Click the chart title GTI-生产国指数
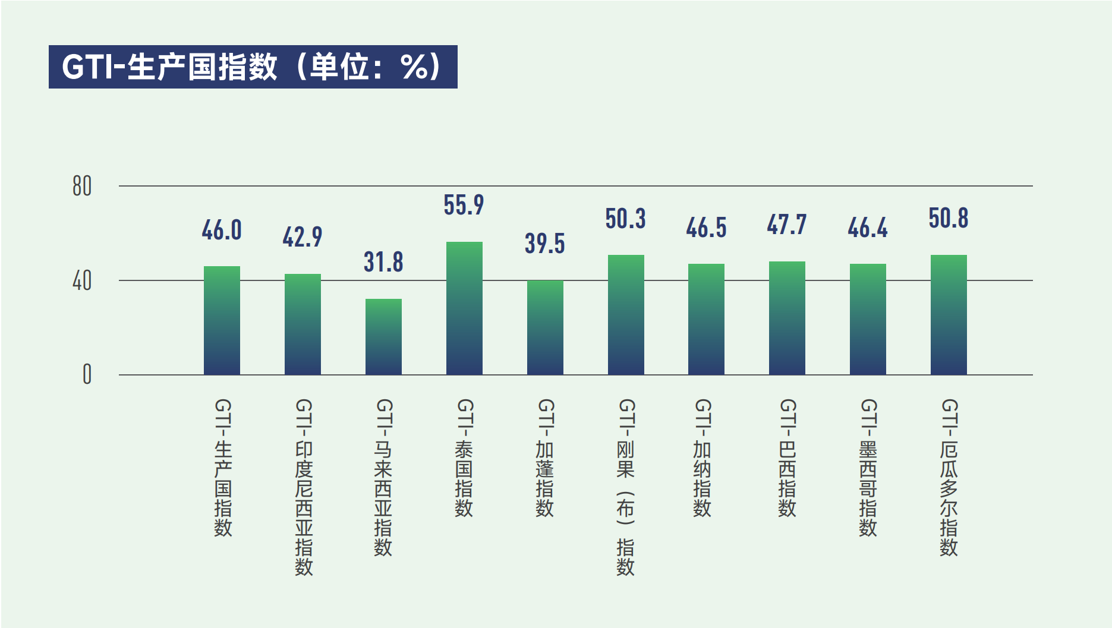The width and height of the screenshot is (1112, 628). pos(253,67)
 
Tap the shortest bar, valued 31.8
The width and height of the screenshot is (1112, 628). pos(383,336)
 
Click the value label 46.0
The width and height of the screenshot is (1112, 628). pos(222,230)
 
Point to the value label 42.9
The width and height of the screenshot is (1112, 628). pos(303,237)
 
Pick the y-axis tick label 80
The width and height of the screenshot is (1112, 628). pos(82,187)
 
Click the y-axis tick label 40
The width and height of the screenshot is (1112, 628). pos(82,281)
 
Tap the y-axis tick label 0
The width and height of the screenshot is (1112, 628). pos(87,375)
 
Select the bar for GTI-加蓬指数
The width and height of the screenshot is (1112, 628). pos(545,327)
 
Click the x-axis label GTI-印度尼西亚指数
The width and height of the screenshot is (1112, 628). pos(304,487)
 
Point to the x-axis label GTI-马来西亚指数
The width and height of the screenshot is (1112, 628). pos(383,477)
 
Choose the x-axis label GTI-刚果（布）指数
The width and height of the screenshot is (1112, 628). pos(626,487)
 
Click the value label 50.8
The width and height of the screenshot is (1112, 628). pos(949,218)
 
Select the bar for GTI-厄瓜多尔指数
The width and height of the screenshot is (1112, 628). pos(949,315)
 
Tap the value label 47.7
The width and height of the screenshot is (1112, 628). pos(787,225)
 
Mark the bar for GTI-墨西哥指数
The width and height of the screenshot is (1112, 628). pos(868,319)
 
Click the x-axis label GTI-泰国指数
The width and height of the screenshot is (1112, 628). pos(464,457)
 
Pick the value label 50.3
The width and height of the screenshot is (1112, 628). pos(625,219)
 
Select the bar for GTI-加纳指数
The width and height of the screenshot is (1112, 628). pos(706,319)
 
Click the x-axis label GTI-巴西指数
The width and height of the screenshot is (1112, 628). pos(787,457)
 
